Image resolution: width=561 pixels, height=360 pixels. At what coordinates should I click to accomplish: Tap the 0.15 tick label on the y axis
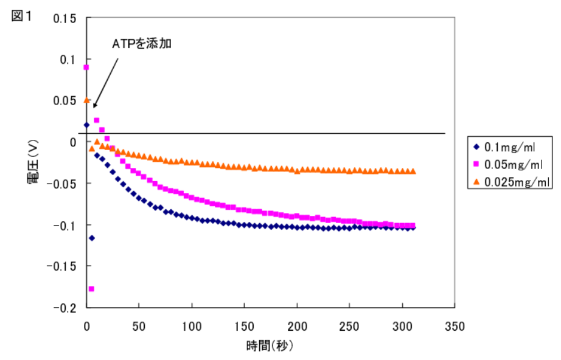[x=64, y=18]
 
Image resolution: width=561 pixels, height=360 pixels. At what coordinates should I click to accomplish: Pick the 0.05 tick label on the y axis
[x=64, y=101]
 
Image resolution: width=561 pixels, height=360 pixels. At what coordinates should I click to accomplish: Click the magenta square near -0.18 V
[x=91, y=288]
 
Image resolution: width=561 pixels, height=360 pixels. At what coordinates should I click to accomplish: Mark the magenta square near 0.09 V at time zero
[x=86, y=67]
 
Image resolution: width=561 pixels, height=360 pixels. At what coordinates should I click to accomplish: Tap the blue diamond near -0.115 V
[x=91, y=238]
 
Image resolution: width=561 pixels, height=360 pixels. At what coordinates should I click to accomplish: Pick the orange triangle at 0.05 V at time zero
[x=86, y=100]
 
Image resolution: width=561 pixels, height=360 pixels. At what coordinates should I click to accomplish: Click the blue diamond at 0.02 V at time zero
[x=86, y=125]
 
